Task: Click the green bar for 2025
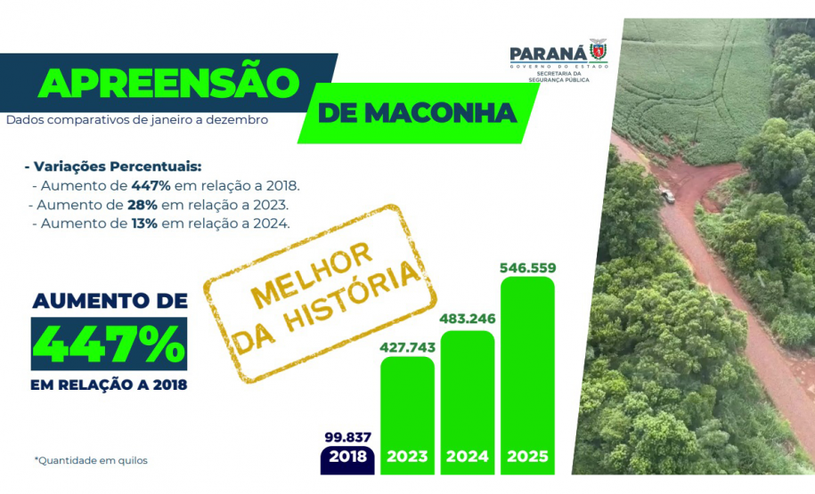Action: (x=527, y=374)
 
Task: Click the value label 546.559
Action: (x=527, y=266)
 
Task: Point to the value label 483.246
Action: (x=468, y=319)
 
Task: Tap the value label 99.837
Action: (x=346, y=436)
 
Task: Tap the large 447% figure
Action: (x=110, y=344)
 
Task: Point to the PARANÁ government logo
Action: (x=559, y=61)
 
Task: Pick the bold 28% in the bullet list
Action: (x=143, y=205)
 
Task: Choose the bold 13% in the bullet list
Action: (x=143, y=223)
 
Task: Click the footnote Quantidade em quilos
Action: (x=91, y=460)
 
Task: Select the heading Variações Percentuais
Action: (x=114, y=166)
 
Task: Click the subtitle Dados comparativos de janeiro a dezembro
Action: (x=137, y=118)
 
